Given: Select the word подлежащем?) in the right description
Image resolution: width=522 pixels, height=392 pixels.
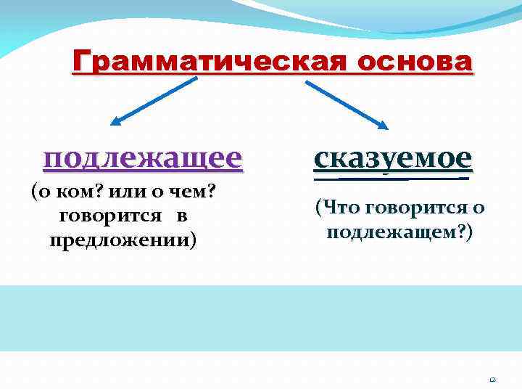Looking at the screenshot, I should [x=399, y=232].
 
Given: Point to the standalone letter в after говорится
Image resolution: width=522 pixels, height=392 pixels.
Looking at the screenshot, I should [x=182, y=216].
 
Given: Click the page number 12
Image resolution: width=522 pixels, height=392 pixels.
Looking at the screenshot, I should [x=491, y=378].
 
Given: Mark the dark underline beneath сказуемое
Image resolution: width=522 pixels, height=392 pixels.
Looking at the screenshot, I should [x=391, y=176].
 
